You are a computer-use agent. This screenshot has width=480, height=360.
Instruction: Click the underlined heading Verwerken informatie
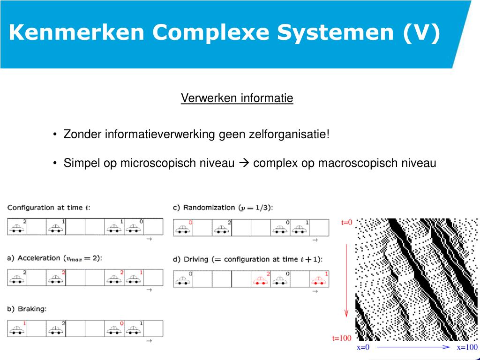tap(237, 98)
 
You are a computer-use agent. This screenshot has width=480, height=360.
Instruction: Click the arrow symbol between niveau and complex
tap(244, 163)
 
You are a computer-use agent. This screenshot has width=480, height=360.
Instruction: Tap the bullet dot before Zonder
tap(55, 135)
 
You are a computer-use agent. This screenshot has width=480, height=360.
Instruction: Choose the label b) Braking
tap(27, 309)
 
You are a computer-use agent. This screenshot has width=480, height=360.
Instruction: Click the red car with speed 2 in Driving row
tap(261, 280)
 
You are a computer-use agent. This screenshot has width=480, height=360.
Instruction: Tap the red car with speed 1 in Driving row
tap(319, 280)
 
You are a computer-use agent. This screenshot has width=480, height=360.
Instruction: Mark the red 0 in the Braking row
tap(122, 323)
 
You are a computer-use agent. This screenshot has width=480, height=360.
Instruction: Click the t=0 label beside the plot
tap(346, 223)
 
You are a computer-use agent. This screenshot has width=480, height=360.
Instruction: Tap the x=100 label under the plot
tap(467, 347)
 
